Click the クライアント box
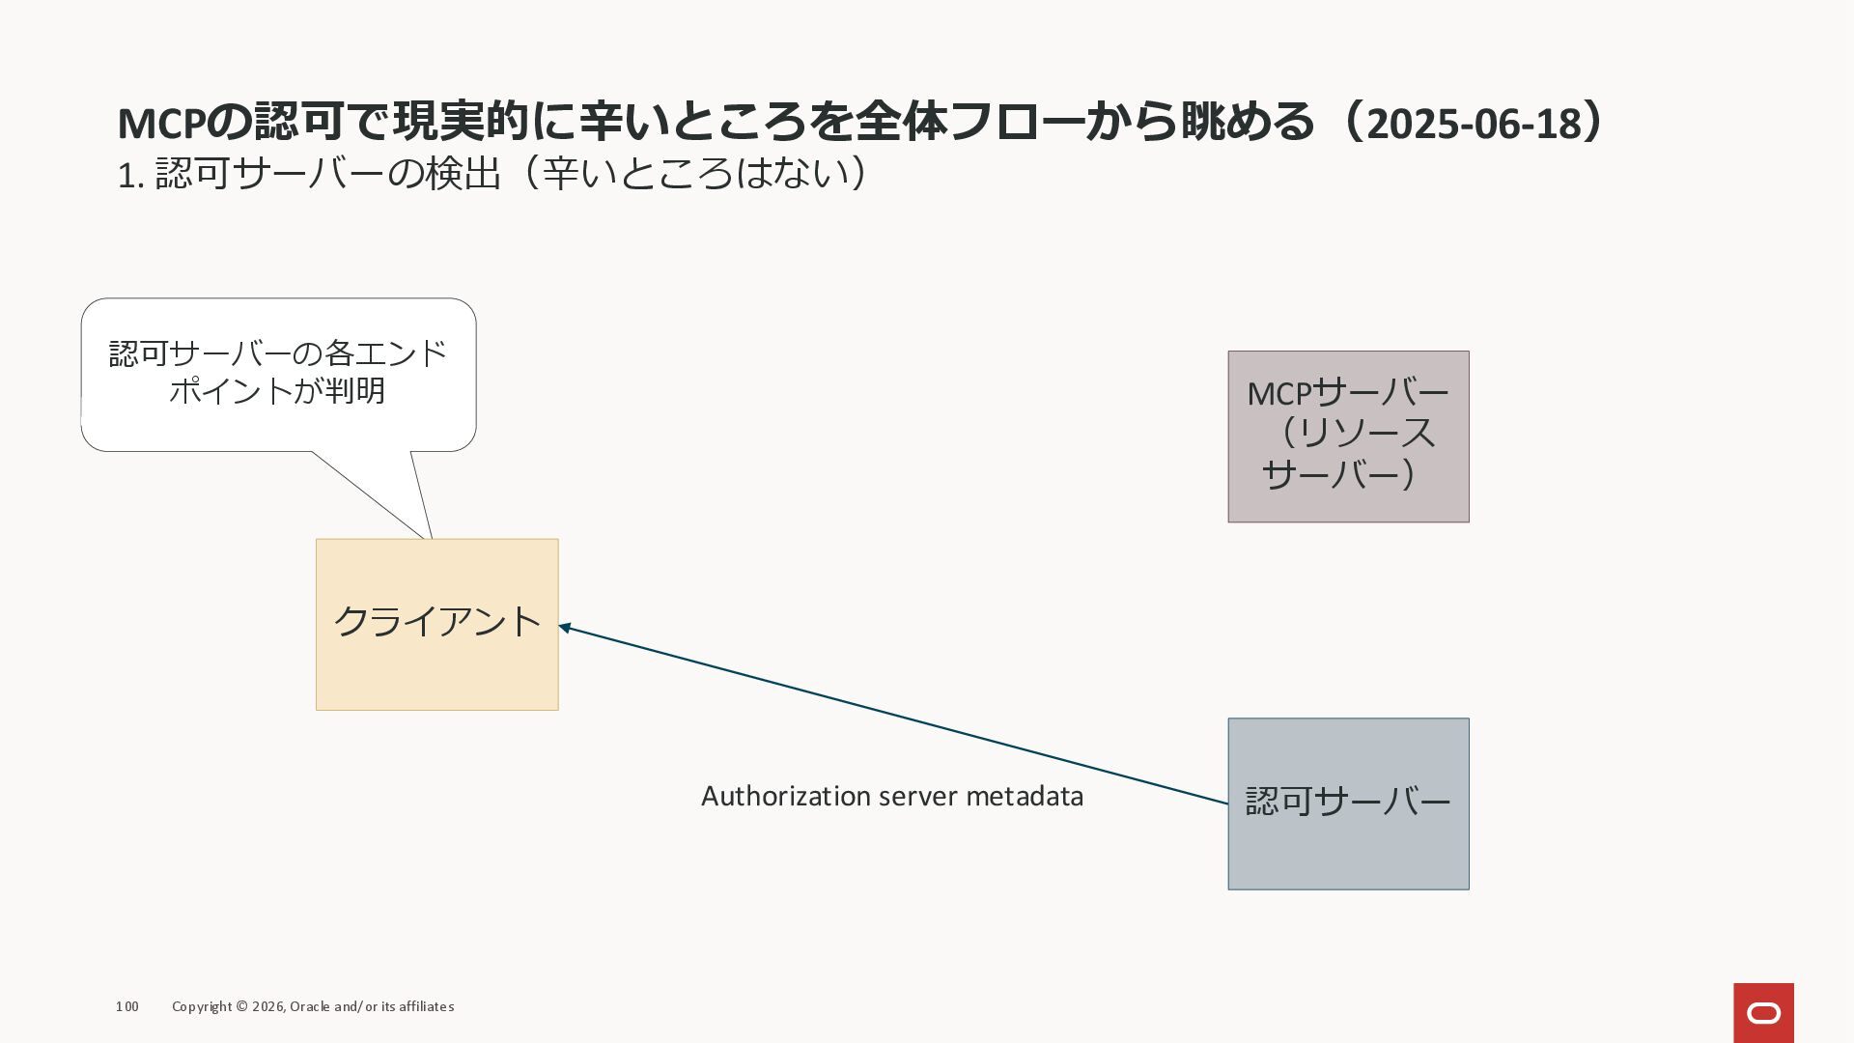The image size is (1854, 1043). (436, 624)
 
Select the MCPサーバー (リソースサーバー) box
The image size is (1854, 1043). (1348, 437)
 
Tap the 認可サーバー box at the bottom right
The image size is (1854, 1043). (1348, 803)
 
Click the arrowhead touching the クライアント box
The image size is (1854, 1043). (565, 628)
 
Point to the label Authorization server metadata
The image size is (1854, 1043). (891, 796)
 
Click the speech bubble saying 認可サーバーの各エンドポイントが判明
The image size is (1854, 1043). (278, 374)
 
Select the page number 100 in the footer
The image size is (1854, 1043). (126, 1006)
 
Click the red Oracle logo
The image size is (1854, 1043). (1763, 1012)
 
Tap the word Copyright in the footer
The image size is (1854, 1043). (202, 1006)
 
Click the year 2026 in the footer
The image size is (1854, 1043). (267, 1006)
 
